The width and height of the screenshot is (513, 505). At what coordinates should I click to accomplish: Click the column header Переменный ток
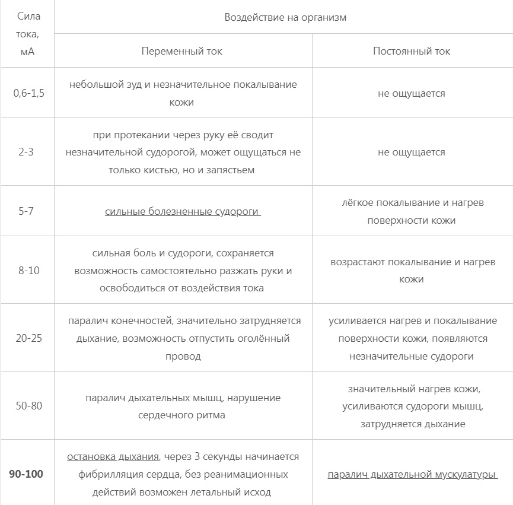182,51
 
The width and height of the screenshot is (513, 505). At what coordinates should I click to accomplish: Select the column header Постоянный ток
412,51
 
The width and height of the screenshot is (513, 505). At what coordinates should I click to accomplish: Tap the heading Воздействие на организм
285,17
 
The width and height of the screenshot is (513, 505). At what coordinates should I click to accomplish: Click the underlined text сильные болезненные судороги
182,211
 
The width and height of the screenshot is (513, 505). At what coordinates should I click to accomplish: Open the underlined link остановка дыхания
113,456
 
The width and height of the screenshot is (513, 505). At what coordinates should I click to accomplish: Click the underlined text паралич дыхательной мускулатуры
412,474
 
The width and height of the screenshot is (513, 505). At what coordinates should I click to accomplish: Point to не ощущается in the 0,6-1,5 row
412,93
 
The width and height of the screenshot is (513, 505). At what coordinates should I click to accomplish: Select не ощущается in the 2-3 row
412,152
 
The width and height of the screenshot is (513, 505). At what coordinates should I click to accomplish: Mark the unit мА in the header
27,52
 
